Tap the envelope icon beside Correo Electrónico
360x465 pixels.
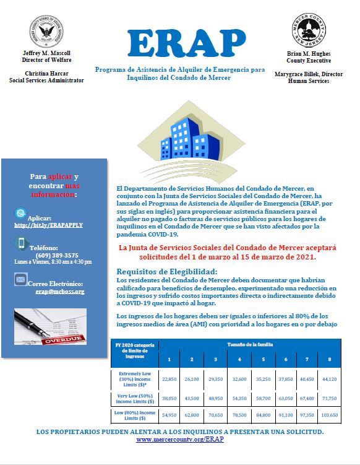point(21,280)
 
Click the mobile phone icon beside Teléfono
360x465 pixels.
point(21,243)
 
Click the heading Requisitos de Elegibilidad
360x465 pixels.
point(167,271)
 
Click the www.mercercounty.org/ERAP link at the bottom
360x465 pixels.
point(179,439)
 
